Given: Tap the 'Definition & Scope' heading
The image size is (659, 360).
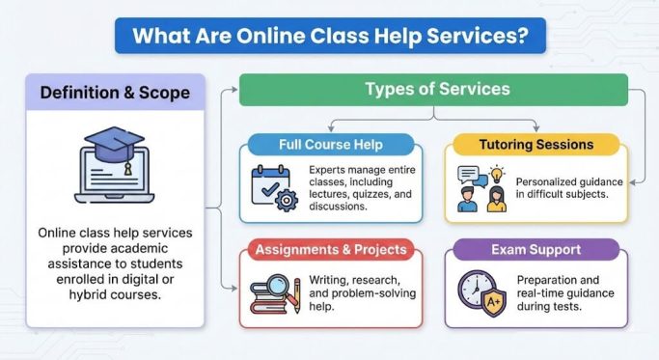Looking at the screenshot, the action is click(115, 94).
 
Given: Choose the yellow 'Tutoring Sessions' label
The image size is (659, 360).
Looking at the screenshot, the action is click(536, 145).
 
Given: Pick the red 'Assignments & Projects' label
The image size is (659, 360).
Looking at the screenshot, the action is click(331, 250).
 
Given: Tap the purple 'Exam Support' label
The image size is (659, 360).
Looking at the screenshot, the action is click(535, 250).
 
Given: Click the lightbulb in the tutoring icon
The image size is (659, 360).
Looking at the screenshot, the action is click(497, 175).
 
